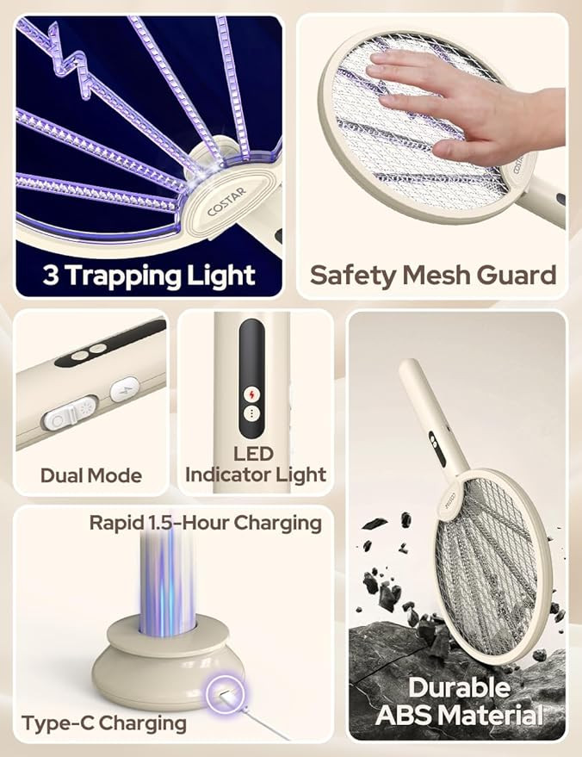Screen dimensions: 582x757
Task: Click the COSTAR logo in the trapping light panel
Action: [226, 202]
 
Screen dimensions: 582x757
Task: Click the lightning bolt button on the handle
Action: [125, 389]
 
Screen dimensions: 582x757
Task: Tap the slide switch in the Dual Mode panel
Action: [70, 413]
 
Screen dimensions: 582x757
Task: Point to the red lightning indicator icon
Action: [251, 394]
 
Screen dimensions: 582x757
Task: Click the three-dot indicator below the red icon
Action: [251, 413]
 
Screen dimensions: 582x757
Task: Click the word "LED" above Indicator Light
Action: [253, 454]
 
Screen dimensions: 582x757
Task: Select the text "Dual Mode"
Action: [91, 475]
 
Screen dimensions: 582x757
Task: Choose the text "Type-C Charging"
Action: [104, 723]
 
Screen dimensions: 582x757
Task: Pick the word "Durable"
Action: [459, 687]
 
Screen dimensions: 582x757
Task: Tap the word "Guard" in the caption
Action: [517, 276]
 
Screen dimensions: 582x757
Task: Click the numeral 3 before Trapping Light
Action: [50, 276]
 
